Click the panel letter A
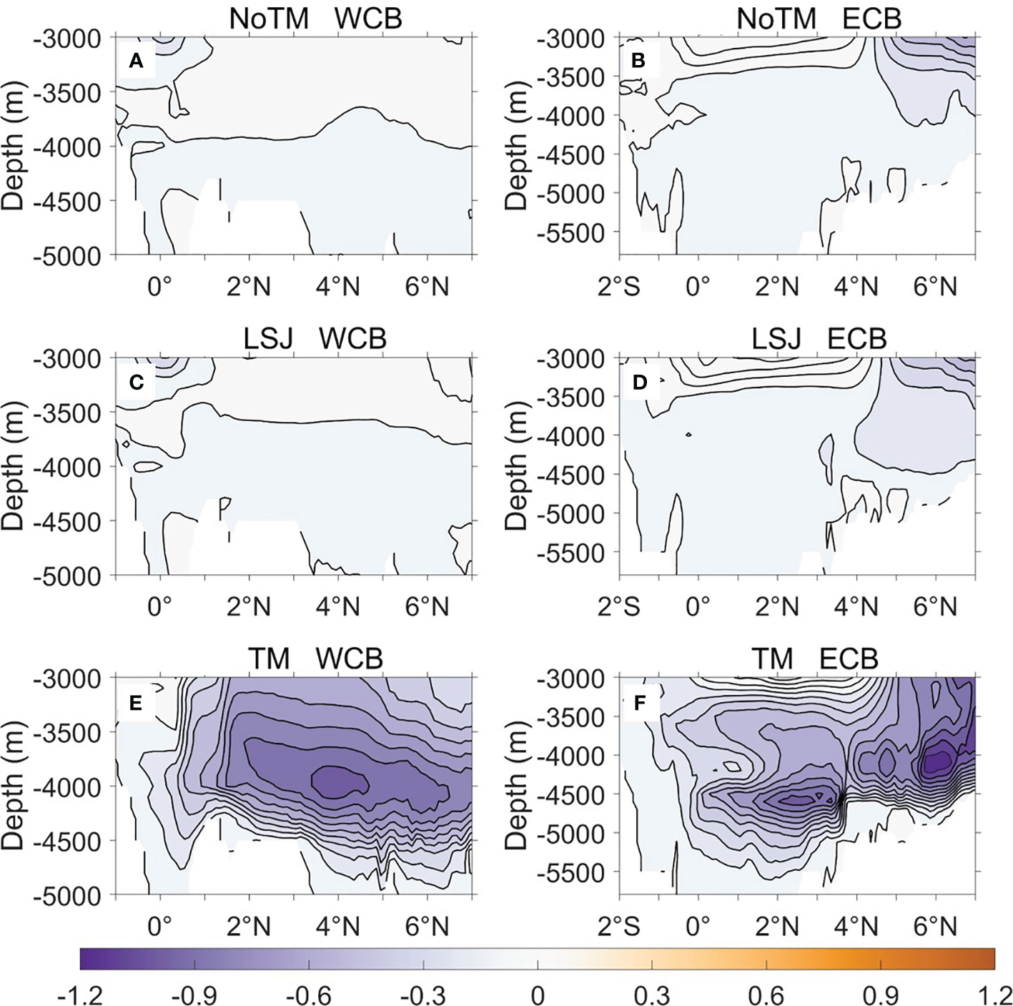(x=136, y=61)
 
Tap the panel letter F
(x=639, y=703)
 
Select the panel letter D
(x=639, y=383)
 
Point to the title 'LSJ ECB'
(x=819, y=338)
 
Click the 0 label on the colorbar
(x=538, y=995)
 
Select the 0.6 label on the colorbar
(x=766, y=995)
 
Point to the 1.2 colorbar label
(x=994, y=995)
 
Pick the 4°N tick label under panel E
(x=338, y=927)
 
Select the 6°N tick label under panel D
(x=936, y=607)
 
